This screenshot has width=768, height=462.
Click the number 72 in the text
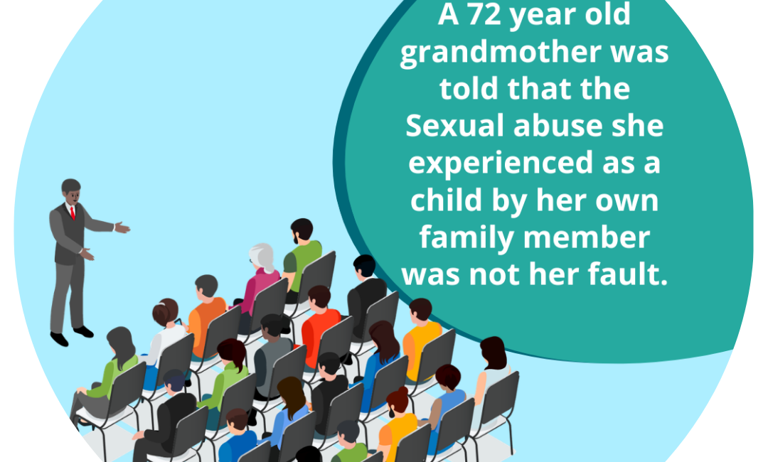point(485,15)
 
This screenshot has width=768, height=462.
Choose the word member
point(587,237)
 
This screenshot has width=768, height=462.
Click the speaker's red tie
point(73,213)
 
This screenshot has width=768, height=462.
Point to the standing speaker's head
point(72,191)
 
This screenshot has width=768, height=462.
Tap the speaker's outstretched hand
point(122,227)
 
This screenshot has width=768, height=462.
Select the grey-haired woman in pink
point(260,279)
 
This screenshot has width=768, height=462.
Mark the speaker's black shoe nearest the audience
point(83,332)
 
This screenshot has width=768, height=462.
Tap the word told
point(469,89)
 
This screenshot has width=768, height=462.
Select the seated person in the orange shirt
point(206,318)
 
